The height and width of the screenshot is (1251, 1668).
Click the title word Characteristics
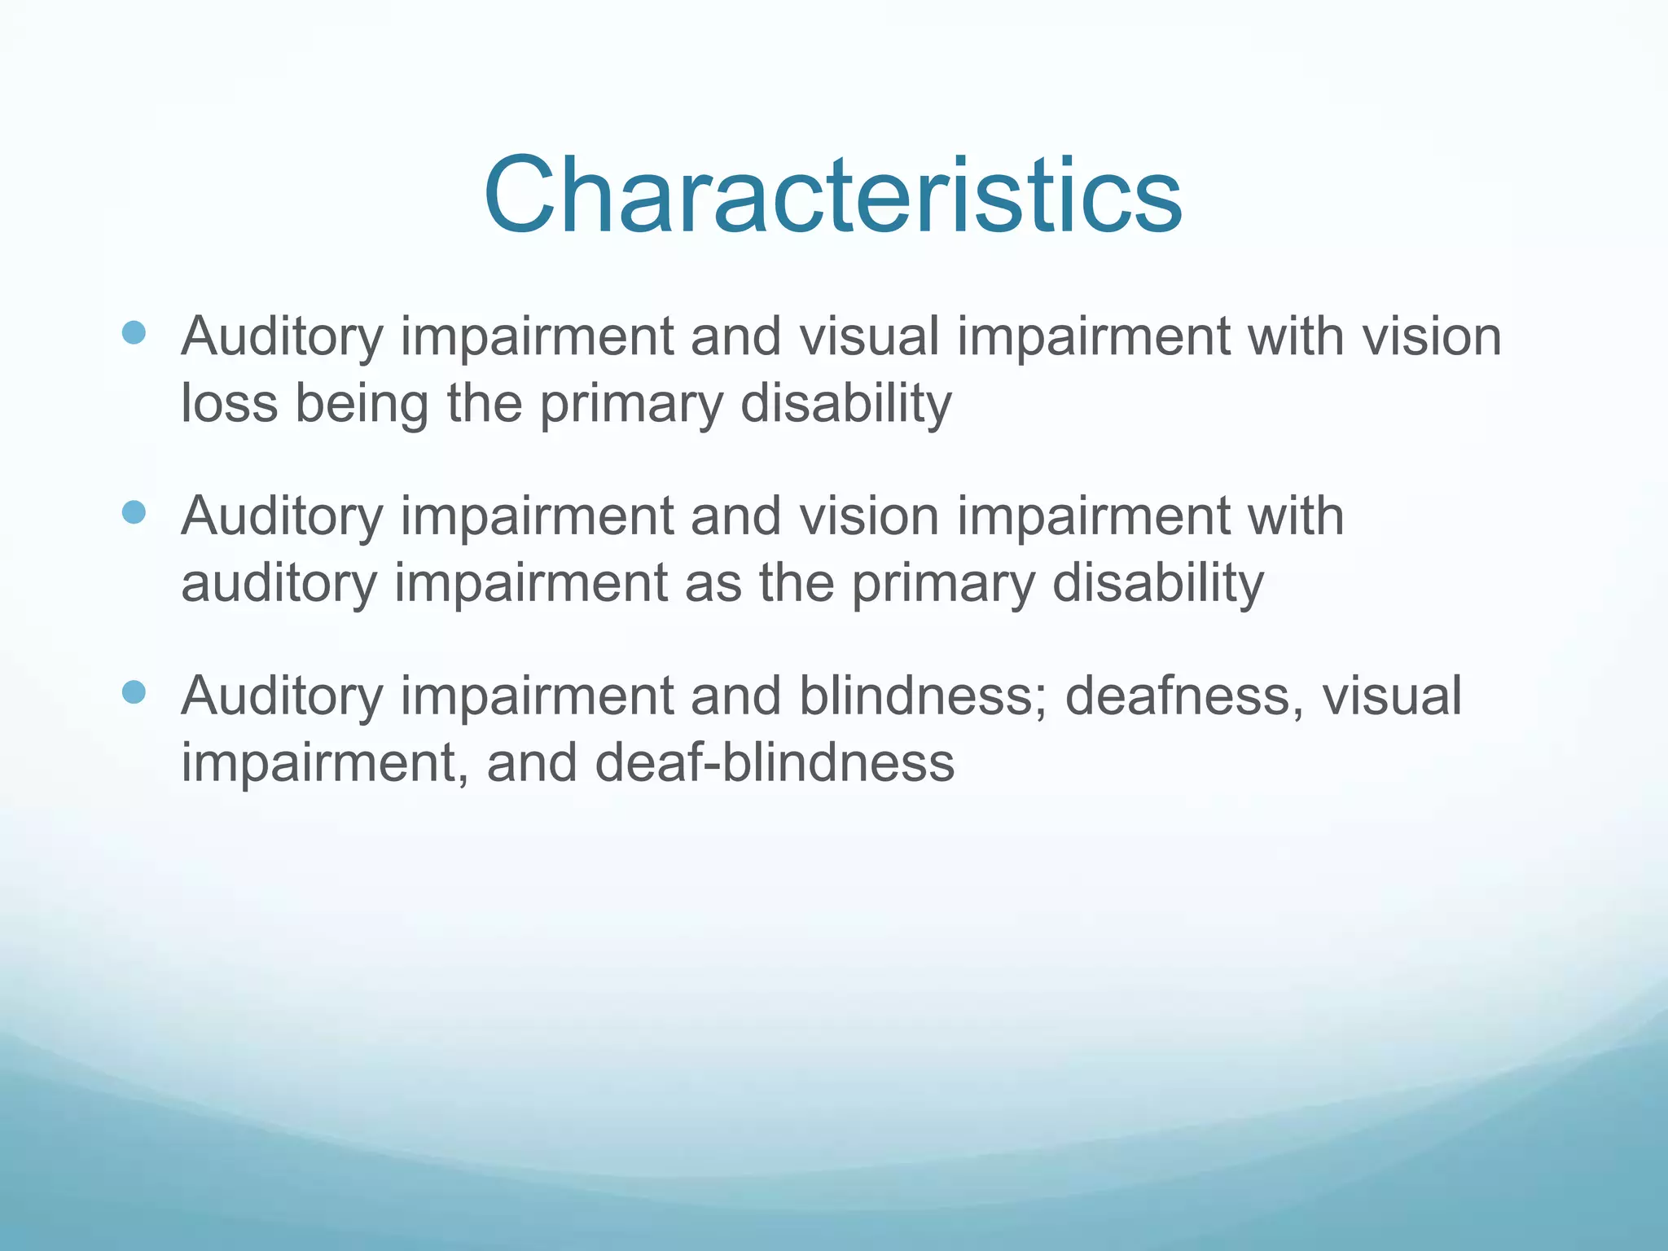tap(832, 195)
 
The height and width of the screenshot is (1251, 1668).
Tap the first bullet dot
tap(133, 332)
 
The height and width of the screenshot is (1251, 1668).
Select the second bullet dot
tap(133, 512)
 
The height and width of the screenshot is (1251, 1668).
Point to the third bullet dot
tap(133, 692)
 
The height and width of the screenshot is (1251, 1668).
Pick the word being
tap(361, 405)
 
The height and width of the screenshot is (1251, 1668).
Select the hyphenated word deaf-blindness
tap(775, 763)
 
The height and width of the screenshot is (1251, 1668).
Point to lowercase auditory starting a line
tap(279, 585)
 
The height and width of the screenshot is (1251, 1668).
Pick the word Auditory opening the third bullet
tap(282, 697)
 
